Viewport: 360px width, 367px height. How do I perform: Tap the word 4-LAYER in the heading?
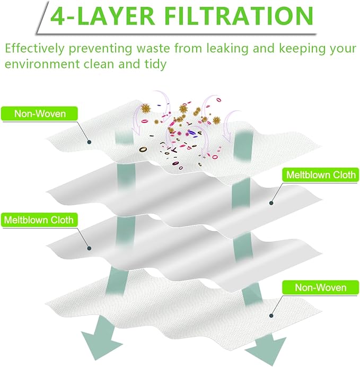click(102, 16)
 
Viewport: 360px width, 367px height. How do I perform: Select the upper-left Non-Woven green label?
click(40, 113)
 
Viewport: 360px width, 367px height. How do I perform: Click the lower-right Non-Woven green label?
click(320, 287)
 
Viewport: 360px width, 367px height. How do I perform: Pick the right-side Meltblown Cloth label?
click(320, 174)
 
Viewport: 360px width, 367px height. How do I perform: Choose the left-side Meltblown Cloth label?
click(39, 220)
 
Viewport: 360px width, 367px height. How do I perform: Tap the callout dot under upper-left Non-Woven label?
click(89, 142)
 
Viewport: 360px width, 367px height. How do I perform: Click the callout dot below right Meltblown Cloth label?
click(271, 203)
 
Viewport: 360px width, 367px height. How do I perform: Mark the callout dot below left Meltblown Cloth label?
click(89, 248)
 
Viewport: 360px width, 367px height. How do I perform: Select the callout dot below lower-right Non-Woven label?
click(271, 316)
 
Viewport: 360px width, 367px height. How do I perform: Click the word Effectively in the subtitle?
click(34, 48)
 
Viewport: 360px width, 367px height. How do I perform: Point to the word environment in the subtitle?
click(42, 64)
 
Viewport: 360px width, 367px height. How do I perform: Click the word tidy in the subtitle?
click(155, 64)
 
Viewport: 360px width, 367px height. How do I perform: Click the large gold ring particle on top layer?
click(143, 149)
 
